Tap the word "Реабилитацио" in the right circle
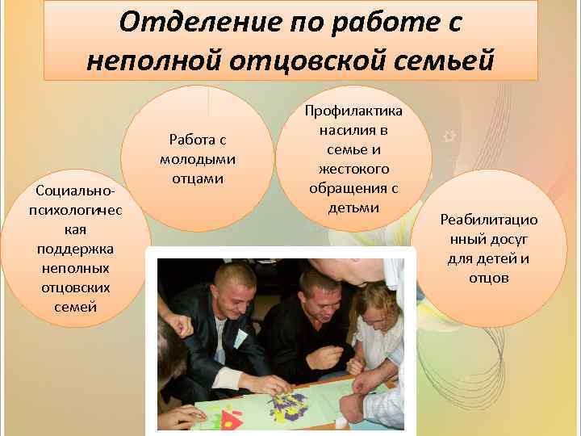(x=489, y=220)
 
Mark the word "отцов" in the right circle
(x=489, y=278)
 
